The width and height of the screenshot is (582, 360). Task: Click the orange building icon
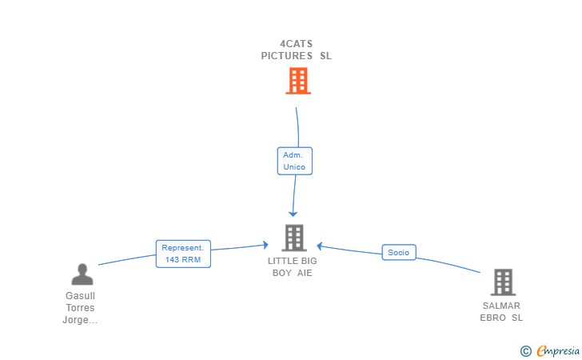pyautogui.click(x=298, y=81)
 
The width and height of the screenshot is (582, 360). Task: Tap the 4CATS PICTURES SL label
pyautogui.click(x=296, y=50)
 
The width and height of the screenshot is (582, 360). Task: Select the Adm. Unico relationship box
pyautogui.click(x=295, y=161)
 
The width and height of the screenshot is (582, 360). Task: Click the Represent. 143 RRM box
pyautogui.click(x=183, y=254)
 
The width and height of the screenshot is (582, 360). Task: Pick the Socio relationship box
pyautogui.click(x=399, y=252)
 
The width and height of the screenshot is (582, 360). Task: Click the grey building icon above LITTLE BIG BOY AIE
pyautogui.click(x=294, y=238)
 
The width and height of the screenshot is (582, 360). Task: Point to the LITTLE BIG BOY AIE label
pyautogui.click(x=293, y=266)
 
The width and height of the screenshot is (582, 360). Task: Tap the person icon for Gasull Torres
pyautogui.click(x=82, y=274)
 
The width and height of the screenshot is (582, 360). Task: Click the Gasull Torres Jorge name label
pyautogui.click(x=80, y=308)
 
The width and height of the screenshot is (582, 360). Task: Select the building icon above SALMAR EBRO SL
pyautogui.click(x=503, y=282)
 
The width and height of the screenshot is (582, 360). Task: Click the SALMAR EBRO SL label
pyautogui.click(x=501, y=312)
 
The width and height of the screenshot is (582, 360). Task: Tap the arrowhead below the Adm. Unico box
pyautogui.click(x=293, y=214)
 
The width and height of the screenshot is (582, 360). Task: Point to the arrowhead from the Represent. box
pyautogui.click(x=265, y=245)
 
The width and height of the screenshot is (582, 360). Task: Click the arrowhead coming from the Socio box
pyautogui.click(x=319, y=246)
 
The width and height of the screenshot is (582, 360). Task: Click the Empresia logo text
pyautogui.click(x=558, y=350)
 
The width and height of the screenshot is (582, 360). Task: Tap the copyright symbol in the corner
pyautogui.click(x=525, y=351)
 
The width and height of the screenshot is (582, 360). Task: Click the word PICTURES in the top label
pyautogui.click(x=287, y=56)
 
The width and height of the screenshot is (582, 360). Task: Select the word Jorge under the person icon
pyautogui.click(x=80, y=319)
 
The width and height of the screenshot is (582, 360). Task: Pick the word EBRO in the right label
pyautogui.click(x=493, y=318)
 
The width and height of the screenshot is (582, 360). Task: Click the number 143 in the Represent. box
pyautogui.click(x=172, y=260)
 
